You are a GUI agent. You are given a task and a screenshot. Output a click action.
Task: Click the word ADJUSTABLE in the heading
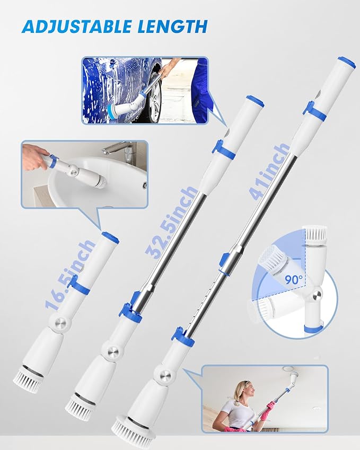tap(77, 27)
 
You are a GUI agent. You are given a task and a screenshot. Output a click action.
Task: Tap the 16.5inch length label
tap(70, 275)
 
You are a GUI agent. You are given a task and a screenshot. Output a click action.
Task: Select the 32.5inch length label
tap(172, 220)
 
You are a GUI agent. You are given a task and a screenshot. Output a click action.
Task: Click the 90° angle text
tap(293, 279)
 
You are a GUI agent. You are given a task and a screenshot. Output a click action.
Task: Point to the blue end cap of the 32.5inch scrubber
tap(254, 101)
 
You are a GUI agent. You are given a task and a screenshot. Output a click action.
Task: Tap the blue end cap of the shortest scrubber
tap(110, 236)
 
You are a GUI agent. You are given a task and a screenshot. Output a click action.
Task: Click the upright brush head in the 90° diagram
tap(315, 233)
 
